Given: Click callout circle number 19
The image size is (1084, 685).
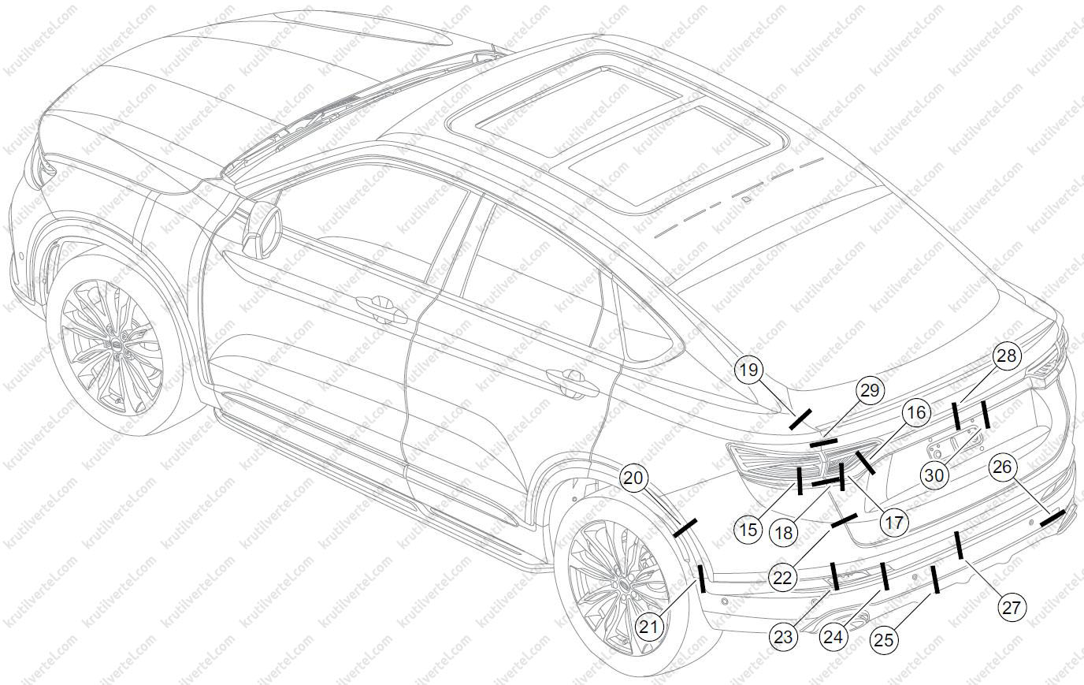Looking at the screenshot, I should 749,369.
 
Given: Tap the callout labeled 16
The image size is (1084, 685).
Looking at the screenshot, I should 915,412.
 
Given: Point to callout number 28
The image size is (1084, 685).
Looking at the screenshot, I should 1006,356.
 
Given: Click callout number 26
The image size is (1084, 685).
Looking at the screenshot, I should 1002,467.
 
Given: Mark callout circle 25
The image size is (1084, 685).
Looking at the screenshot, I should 885,640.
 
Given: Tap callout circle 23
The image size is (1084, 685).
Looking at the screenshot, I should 783,637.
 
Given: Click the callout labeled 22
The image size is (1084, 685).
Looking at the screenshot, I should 782,577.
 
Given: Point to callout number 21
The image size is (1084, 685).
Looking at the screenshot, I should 648,627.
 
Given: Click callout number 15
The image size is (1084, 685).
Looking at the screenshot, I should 749,530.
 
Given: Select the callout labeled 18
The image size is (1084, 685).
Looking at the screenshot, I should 783,532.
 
